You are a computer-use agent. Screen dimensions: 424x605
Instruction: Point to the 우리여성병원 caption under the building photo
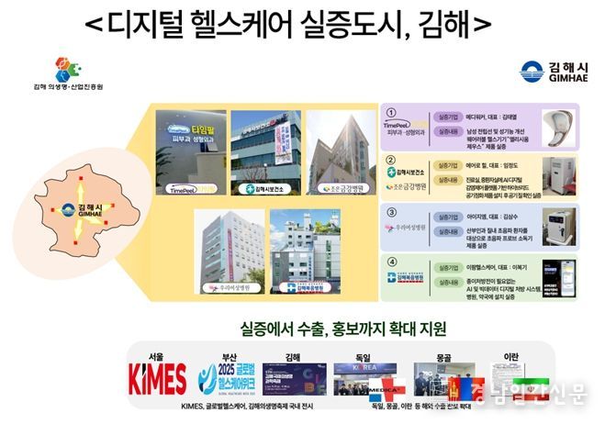226,287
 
